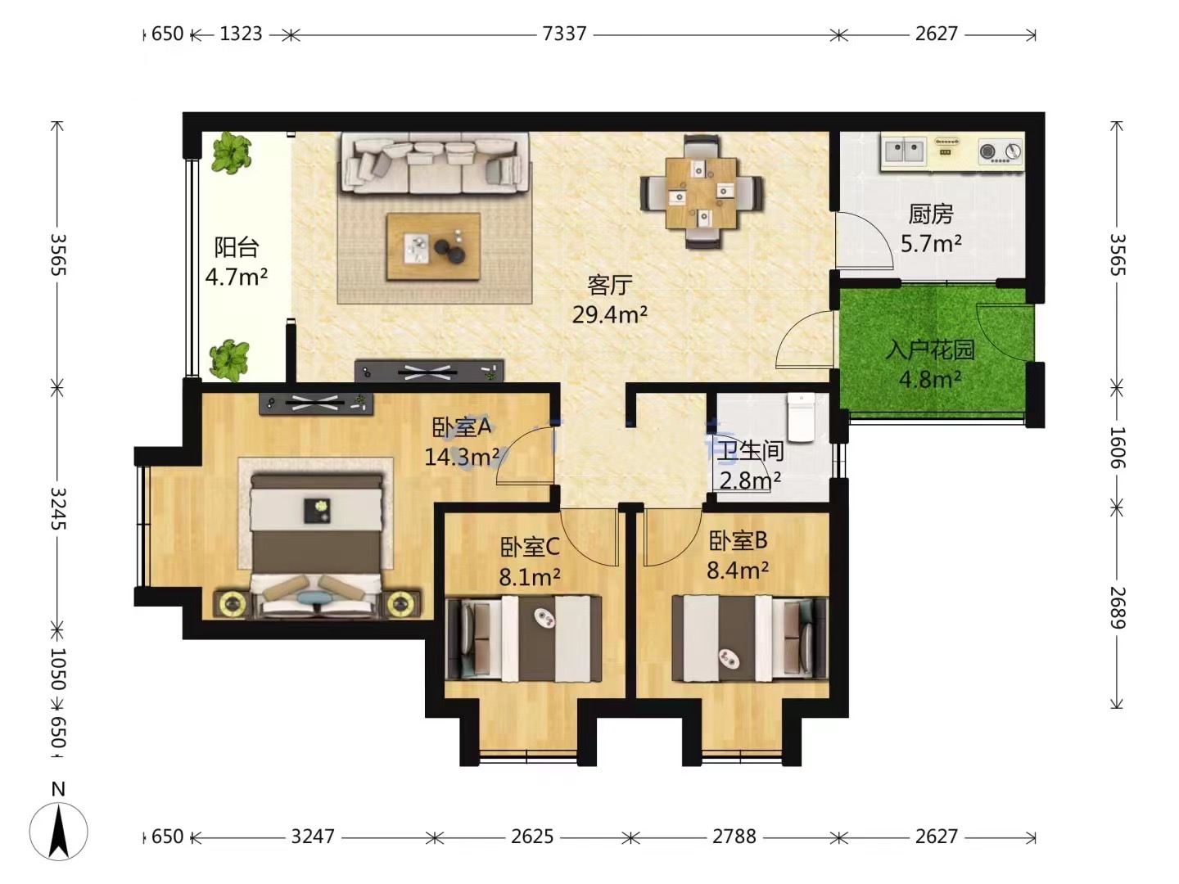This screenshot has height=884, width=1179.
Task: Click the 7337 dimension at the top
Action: pyautogui.click(x=564, y=34)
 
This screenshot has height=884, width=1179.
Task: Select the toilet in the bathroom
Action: pyautogui.click(x=801, y=417)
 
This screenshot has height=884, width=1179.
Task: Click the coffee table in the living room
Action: pyautogui.click(x=433, y=246)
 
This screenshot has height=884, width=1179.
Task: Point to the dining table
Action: pyautogui.click(x=701, y=192)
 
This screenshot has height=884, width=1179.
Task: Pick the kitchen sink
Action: pyautogui.click(x=904, y=151)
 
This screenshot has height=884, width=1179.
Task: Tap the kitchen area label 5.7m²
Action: pyautogui.click(x=931, y=244)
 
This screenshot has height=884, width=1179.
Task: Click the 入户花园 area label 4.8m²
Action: pyautogui.click(x=930, y=380)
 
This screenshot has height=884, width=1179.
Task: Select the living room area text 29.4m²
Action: pyautogui.click(x=609, y=314)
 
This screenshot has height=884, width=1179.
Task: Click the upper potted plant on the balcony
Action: pyautogui.click(x=232, y=152)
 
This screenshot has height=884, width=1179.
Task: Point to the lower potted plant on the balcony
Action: pyautogui.click(x=229, y=359)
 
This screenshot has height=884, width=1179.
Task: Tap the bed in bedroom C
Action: pyautogui.click(x=524, y=638)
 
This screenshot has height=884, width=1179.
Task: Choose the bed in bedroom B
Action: pyautogui.click(x=750, y=638)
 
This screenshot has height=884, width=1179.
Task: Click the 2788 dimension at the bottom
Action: pyautogui.click(x=734, y=837)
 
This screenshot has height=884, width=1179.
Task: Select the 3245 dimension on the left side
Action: pyautogui.click(x=58, y=508)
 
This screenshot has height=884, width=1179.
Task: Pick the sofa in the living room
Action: pyautogui.click(x=435, y=163)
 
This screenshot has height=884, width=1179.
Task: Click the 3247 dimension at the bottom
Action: pyautogui.click(x=313, y=837)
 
